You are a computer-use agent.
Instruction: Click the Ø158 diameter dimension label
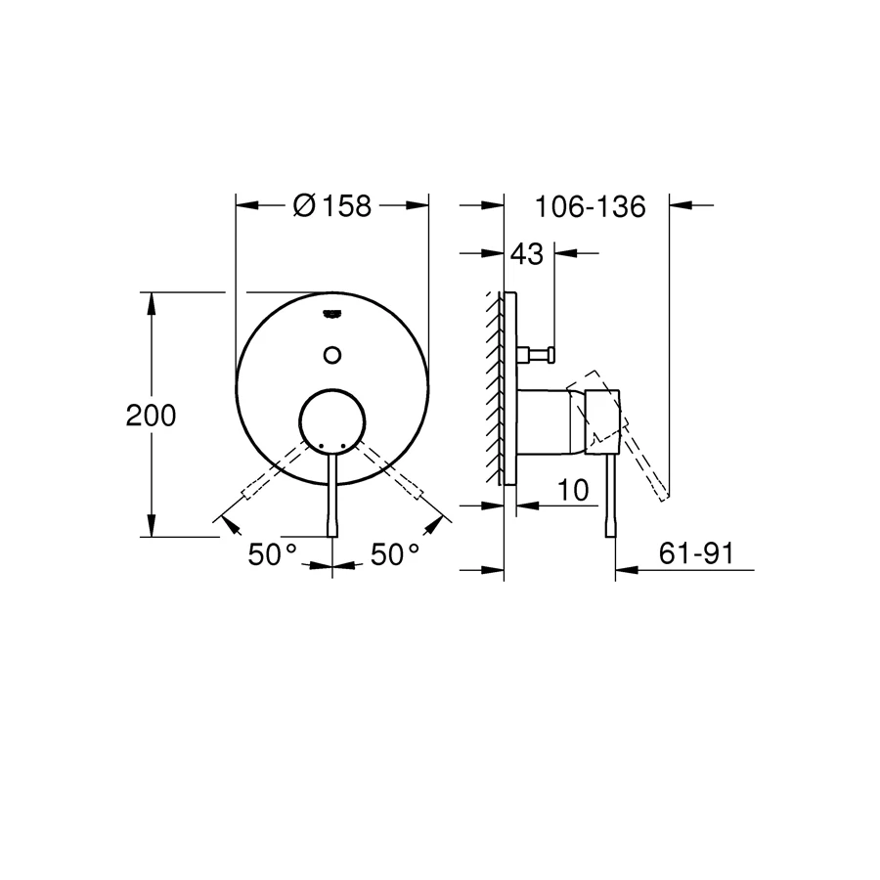[332, 206]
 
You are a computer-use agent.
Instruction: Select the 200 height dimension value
[152, 416]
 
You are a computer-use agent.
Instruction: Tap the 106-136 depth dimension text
[591, 207]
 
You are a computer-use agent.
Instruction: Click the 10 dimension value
[576, 489]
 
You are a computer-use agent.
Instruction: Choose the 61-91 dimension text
[696, 553]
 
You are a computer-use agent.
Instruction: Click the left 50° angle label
[272, 554]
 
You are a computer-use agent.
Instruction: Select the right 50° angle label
[395, 554]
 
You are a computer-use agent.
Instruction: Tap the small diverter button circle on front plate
[332, 354]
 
